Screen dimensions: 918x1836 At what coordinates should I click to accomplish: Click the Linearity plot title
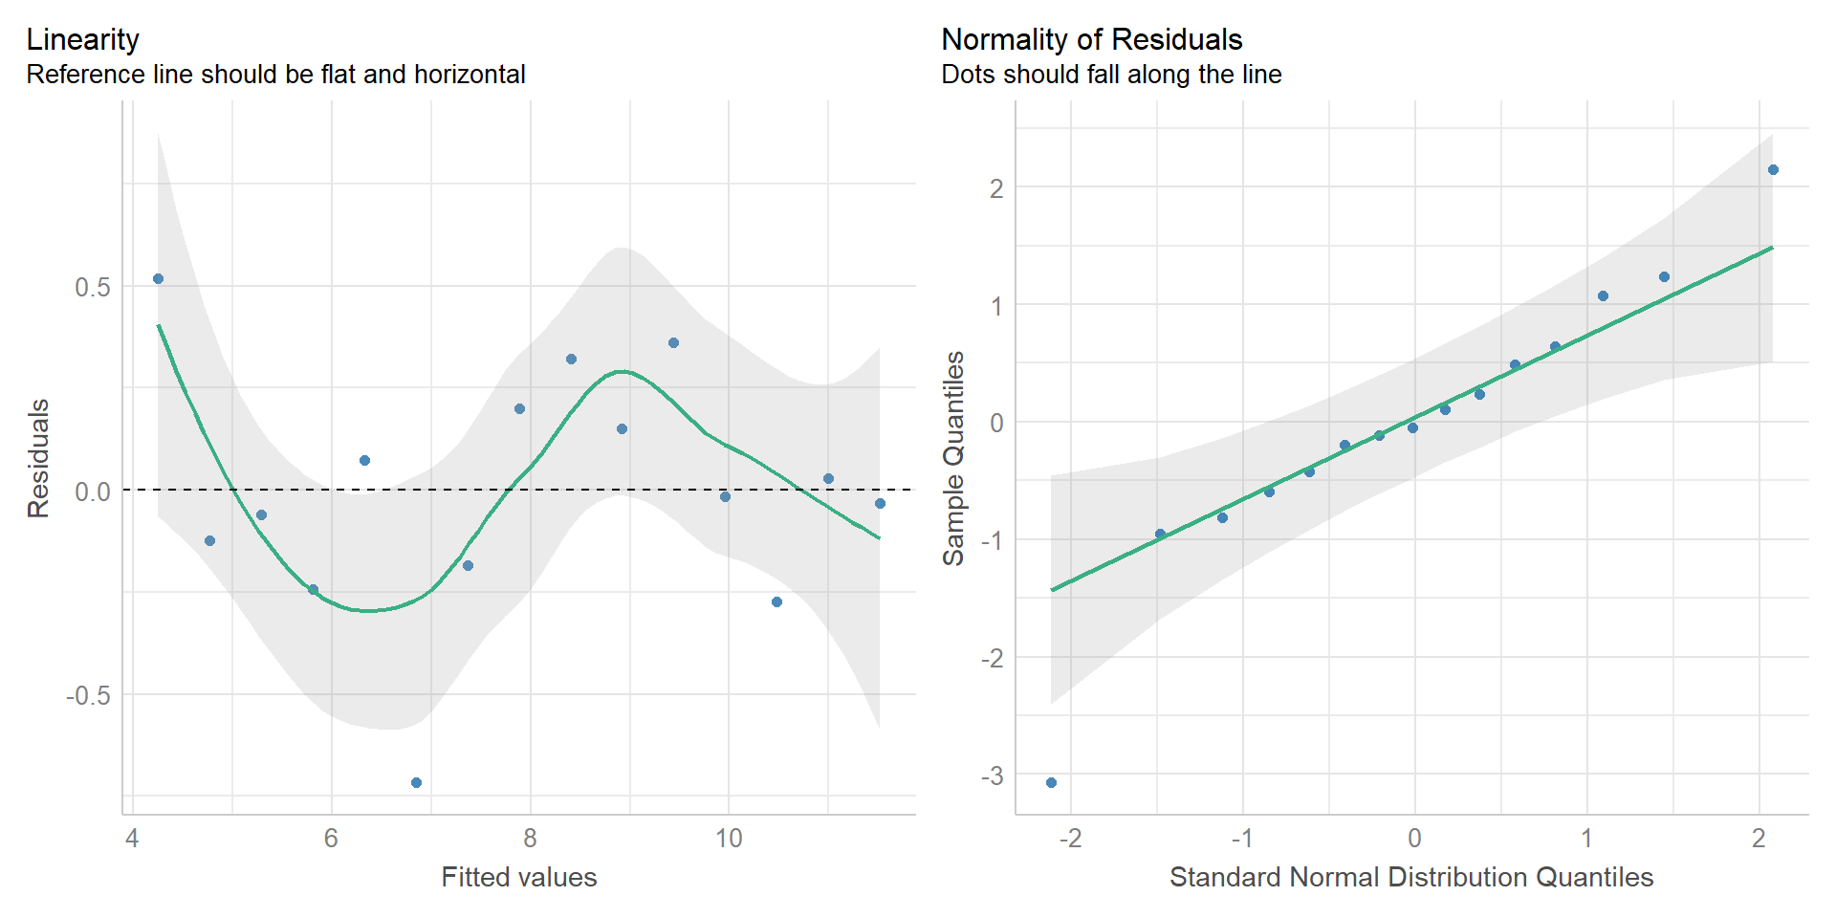(x=83, y=39)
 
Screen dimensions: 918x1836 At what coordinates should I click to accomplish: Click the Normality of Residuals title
(x=1091, y=39)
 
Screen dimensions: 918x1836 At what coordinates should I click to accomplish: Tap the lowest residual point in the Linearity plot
(x=416, y=782)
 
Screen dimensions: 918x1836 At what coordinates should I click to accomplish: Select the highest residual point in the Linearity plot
(x=158, y=279)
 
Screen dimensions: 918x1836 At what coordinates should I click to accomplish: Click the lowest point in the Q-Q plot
(x=1051, y=782)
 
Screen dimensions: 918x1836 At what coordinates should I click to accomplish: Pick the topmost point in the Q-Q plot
(x=1773, y=170)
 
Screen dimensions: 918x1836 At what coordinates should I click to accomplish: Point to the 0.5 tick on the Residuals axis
(x=93, y=287)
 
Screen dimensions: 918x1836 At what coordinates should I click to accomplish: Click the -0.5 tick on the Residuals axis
(x=88, y=695)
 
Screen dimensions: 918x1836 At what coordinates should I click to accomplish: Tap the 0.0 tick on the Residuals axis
(x=93, y=492)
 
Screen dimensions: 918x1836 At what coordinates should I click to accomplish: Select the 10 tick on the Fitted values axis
(x=729, y=839)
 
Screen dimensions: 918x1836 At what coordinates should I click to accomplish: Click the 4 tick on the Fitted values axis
(x=132, y=839)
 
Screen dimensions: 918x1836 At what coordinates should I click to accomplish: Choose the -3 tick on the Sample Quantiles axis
(x=992, y=776)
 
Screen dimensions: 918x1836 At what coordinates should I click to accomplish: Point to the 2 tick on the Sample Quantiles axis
(x=996, y=188)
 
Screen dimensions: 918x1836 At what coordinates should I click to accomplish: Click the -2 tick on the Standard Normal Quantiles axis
(x=1070, y=839)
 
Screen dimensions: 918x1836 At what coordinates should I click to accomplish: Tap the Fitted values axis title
(x=518, y=877)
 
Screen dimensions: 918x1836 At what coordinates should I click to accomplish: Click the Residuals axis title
(x=38, y=459)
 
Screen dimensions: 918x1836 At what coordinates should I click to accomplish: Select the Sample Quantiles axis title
(x=953, y=459)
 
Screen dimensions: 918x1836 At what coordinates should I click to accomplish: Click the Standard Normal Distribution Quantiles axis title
(x=1411, y=877)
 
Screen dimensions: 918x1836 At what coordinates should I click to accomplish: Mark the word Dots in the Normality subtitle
(x=967, y=75)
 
